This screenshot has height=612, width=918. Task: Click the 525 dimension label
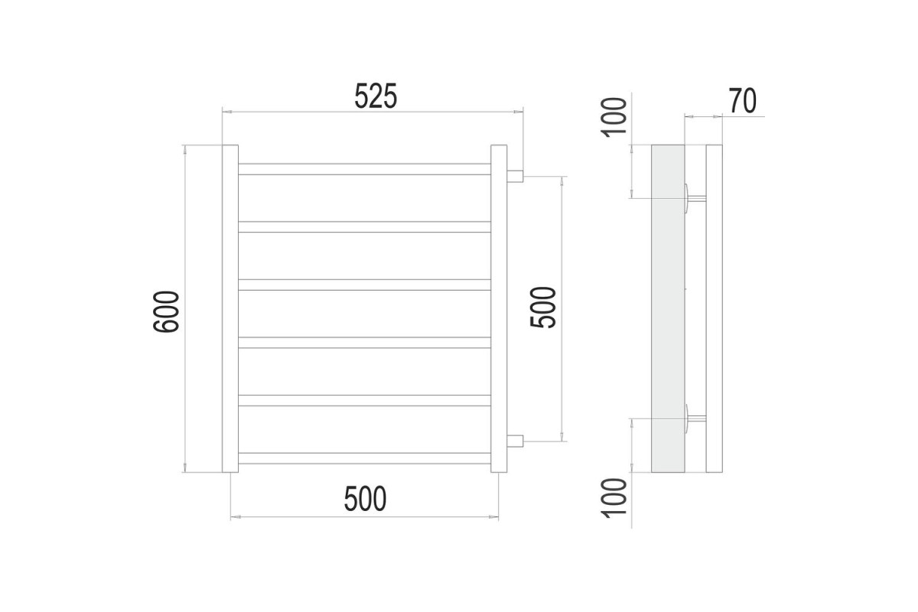point(376,96)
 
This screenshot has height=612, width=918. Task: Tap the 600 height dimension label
point(166,311)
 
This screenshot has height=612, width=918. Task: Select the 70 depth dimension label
point(743,100)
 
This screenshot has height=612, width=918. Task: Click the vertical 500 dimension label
point(543,308)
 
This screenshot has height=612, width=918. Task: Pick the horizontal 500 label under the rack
point(365,499)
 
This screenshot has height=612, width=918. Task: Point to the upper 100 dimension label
point(614,117)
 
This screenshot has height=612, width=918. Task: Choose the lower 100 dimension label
point(614,498)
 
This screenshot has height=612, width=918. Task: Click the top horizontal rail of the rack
point(364,169)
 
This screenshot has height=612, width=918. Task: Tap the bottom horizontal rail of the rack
point(364,458)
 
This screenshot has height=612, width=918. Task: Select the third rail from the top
point(364,285)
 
